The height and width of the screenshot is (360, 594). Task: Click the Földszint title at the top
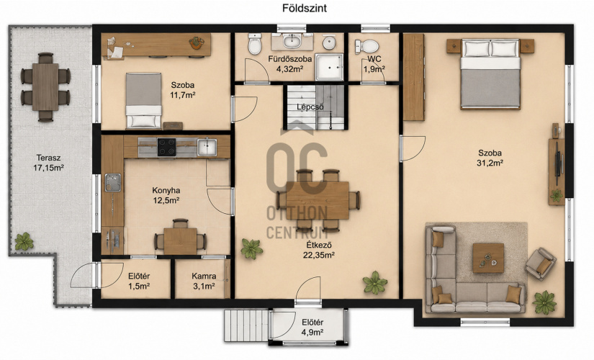coord(304,9)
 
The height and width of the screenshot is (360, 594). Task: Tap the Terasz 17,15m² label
coord(48,163)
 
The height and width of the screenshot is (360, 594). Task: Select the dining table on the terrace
coord(45,87)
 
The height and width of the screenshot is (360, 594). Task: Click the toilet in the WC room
coord(366,46)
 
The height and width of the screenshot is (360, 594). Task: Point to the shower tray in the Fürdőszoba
coord(330,67)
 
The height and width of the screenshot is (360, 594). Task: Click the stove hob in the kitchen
coord(167,147)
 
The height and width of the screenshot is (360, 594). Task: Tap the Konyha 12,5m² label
coord(166,196)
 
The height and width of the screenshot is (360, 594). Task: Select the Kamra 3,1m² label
coord(204,282)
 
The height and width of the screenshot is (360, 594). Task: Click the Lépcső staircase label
coord(310,107)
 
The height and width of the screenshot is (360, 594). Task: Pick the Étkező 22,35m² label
coord(318,250)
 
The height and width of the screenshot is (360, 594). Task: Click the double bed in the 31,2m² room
coord(490,74)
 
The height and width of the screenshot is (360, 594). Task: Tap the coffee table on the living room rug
coord(488,258)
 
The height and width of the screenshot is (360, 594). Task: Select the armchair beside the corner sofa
coord(541,264)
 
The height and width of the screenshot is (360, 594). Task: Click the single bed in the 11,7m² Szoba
coord(143,100)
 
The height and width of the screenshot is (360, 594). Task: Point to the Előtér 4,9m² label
coord(312,328)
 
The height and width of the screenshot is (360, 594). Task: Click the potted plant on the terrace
coord(24,241)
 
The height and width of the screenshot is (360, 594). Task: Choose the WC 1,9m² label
coord(374,64)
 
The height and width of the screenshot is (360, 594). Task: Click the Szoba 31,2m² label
coord(490,158)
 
